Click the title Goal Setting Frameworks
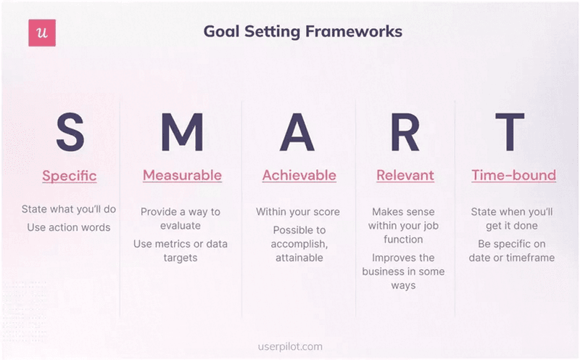pyautogui.click(x=302, y=32)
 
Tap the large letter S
pyautogui.click(x=70, y=132)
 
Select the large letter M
pyautogui.click(x=181, y=132)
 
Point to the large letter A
pyautogui.click(x=299, y=132)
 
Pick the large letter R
pyautogui.click(x=405, y=132)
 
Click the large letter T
pyautogui.click(x=513, y=132)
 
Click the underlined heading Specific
pyautogui.click(x=70, y=176)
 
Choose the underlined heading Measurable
pyautogui.click(x=182, y=176)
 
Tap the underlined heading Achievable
pyautogui.click(x=299, y=176)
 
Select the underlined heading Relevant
pyautogui.click(x=405, y=176)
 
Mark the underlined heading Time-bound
pyautogui.click(x=513, y=176)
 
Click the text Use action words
pyautogui.click(x=69, y=227)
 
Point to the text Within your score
pyautogui.click(x=297, y=212)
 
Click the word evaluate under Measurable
pyautogui.click(x=181, y=226)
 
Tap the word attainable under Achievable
pyautogui.click(x=299, y=258)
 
